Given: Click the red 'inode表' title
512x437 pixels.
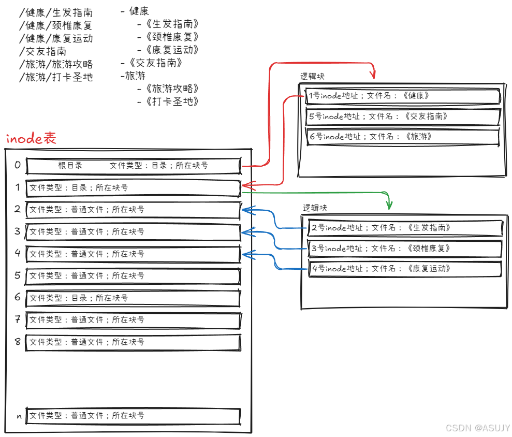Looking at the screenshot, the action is tap(31, 139).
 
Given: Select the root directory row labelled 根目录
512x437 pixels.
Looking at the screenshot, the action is tap(133, 166).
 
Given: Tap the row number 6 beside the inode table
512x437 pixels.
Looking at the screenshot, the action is tap(18, 297).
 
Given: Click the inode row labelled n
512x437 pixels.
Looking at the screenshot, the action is tap(133, 416).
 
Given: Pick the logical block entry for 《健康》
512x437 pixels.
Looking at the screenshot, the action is tap(402, 96).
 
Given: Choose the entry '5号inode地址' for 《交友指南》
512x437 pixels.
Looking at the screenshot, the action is tap(402, 116).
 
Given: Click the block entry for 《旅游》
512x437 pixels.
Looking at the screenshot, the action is tap(402, 137).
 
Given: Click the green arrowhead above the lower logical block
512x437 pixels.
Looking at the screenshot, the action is tap(389, 205).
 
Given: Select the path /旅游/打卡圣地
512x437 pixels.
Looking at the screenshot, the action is tap(55, 78).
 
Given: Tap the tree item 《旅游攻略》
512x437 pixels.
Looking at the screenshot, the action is tap(171, 89).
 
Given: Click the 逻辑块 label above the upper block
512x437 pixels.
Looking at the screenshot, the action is tap(312, 76).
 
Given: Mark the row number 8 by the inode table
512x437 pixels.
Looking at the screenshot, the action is tap(18, 342).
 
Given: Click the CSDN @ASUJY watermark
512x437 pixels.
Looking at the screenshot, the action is tap(477, 428).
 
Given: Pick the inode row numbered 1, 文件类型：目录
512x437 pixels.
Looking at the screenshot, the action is tap(133, 188).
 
